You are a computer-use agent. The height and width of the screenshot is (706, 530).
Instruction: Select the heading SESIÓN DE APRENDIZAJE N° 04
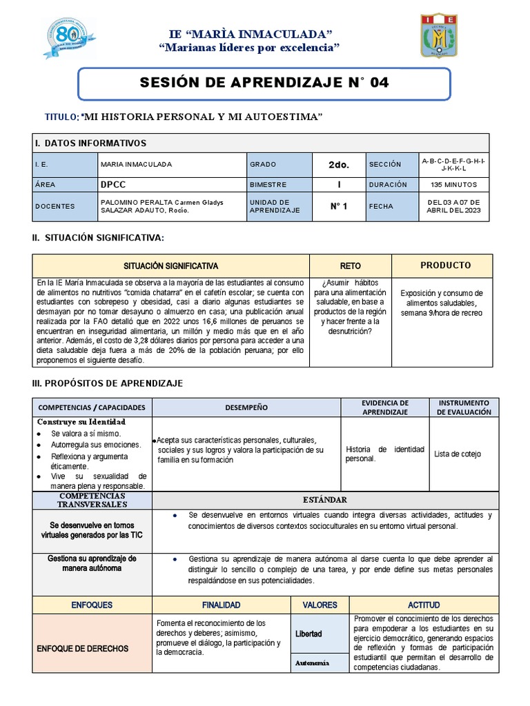tap(264, 83)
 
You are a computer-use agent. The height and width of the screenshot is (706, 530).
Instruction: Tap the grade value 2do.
tap(339, 165)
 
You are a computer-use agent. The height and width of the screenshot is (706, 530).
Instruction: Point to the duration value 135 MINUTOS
tap(453, 185)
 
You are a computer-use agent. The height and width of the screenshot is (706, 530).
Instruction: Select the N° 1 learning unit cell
tap(339, 206)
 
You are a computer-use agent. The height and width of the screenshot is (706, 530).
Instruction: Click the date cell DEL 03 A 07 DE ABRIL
tap(453, 206)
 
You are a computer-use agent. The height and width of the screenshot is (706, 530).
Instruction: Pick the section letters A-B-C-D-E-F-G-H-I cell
tap(453, 164)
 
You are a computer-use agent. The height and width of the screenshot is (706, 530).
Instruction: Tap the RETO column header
tap(350, 265)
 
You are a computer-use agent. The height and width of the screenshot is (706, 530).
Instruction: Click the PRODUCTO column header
tap(445, 265)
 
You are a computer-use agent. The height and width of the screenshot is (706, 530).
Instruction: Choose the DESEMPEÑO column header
tap(246, 407)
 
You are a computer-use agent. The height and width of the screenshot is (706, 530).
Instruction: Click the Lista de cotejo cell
tap(458, 454)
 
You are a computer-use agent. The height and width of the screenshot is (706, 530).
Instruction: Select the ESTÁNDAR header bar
tap(324, 499)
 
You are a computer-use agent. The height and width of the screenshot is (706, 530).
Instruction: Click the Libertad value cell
tap(308, 633)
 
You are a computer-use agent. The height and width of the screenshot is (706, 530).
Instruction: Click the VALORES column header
tap(320, 605)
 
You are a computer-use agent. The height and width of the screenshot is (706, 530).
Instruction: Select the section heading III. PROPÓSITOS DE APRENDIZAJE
tap(107, 383)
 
